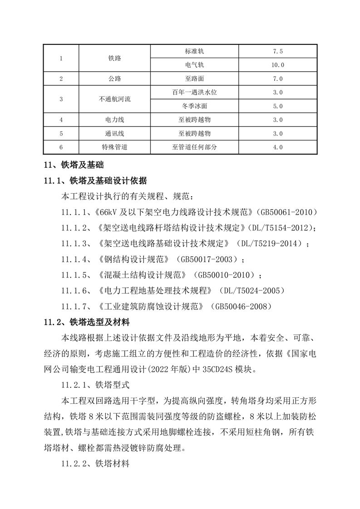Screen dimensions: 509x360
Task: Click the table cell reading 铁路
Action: pyautogui.click(x=115, y=58)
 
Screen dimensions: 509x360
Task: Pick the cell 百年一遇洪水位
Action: pyautogui.click(x=195, y=92)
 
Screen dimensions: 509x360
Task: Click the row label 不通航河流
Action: pyautogui.click(x=115, y=99)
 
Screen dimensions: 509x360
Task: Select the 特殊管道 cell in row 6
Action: pyautogui.click(x=115, y=147)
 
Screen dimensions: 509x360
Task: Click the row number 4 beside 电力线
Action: pyautogui.click(x=61, y=120)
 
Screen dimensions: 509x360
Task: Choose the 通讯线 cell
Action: pyautogui.click(x=115, y=134)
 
